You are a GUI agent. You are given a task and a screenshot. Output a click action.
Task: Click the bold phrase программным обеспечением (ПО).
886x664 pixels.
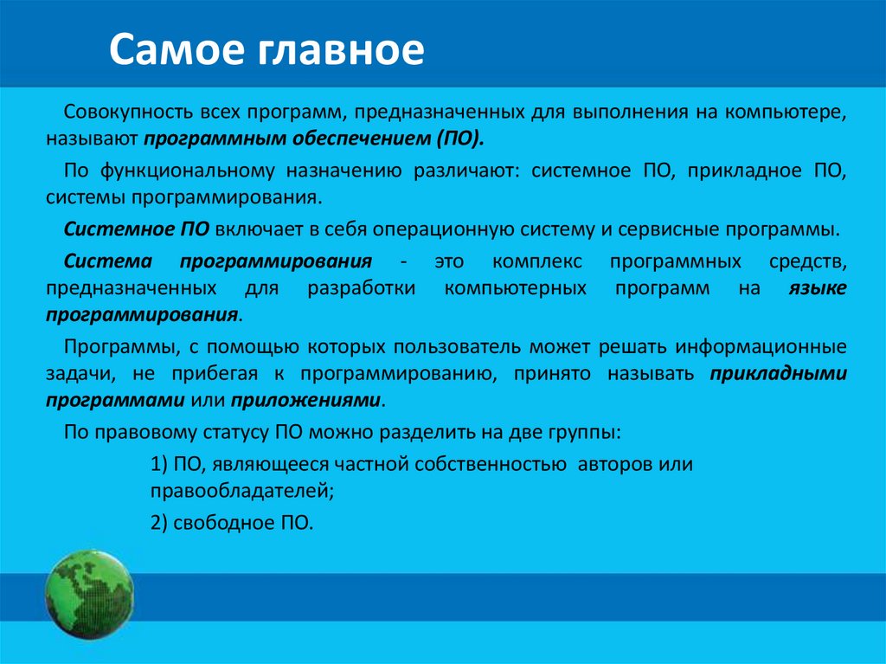pos(315,139)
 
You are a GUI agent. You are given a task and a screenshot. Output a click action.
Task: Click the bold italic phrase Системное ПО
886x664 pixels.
pos(136,229)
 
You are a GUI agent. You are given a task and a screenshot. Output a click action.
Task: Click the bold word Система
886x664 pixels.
pos(108,261)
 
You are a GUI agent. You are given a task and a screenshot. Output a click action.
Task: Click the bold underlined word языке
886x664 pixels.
pos(817,287)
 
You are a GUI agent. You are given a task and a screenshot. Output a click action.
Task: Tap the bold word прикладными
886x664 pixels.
pos(778,374)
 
